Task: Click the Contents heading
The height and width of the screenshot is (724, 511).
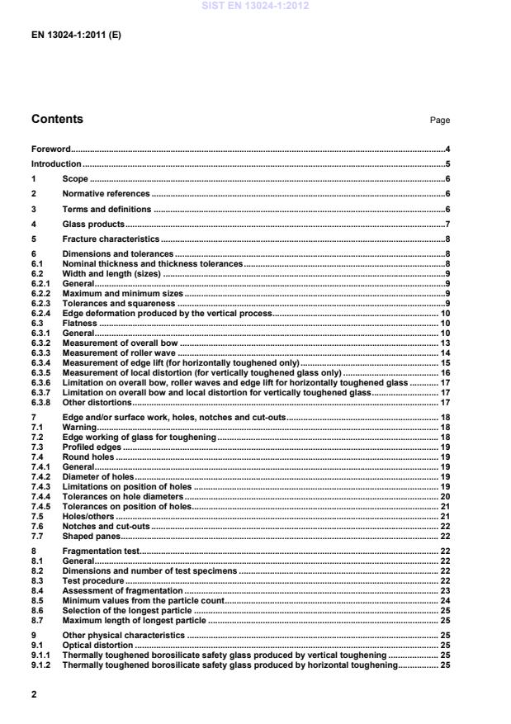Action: point(57,120)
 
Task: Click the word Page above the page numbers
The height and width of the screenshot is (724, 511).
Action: point(439,121)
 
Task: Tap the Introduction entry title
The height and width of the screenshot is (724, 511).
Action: point(56,164)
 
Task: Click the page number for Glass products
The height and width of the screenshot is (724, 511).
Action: point(447,224)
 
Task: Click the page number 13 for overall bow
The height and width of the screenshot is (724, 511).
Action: point(444,343)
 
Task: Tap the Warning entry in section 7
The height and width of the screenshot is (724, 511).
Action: point(78,428)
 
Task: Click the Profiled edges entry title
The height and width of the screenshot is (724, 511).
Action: point(89,447)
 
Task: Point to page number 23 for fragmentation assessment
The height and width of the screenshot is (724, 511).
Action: point(444,591)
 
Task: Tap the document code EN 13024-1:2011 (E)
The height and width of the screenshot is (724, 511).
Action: point(77,35)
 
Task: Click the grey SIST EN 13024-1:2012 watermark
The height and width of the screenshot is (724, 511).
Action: point(255,6)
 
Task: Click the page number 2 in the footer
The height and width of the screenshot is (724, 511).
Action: point(35,694)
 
